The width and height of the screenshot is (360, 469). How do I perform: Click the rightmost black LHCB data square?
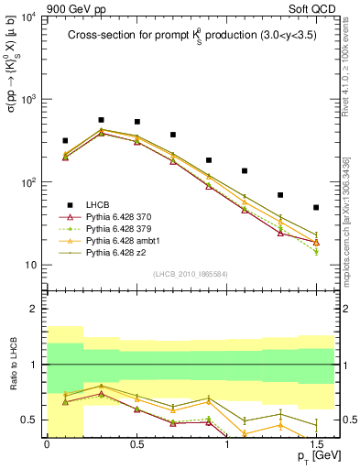(x=316, y=208)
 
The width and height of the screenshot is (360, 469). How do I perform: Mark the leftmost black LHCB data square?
(x=65, y=141)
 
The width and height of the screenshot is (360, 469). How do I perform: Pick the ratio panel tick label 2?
(x=35, y=309)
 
